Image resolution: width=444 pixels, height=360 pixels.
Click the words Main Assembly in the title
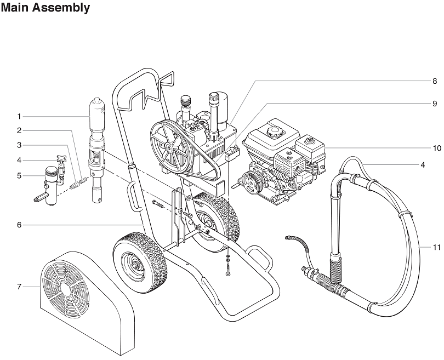click(45, 8)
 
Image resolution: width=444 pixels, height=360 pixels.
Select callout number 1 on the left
click(19, 116)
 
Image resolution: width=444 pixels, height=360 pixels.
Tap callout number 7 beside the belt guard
click(19, 287)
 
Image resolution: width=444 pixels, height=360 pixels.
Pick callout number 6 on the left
click(19, 225)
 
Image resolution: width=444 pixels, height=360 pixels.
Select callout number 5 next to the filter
click(19, 176)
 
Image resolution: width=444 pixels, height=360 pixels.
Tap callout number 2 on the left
click(19, 130)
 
